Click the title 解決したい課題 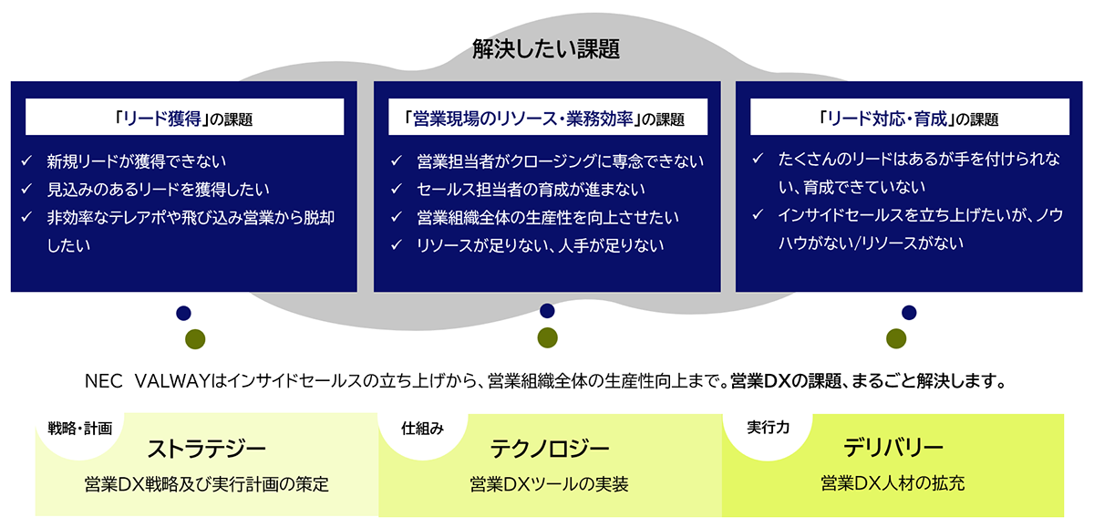[x=546, y=49]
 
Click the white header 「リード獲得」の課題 [x=184, y=118]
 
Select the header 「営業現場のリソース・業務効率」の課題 [x=548, y=118]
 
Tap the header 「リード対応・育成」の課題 [x=910, y=118]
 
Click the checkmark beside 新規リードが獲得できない [x=26, y=160]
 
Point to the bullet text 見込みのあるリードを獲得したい [x=158, y=189]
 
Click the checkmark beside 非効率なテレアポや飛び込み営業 [x=26, y=217]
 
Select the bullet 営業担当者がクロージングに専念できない [x=560, y=161]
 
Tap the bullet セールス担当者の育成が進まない [x=531, y=189]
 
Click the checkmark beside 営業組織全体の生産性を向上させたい [x=396, y=217]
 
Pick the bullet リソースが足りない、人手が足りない [x=540, y=245]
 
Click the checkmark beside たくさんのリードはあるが [x=758, y=159]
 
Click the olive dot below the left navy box [x=195, y=339]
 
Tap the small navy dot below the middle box [x=547, y=311]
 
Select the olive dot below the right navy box [x=896, y=338]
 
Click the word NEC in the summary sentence [x=104, y=381]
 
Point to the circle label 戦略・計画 [x=80, y=429]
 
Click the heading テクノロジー [x=550, y=449]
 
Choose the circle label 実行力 [x=769, y=428]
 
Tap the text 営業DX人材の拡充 [x=893, y=483]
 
